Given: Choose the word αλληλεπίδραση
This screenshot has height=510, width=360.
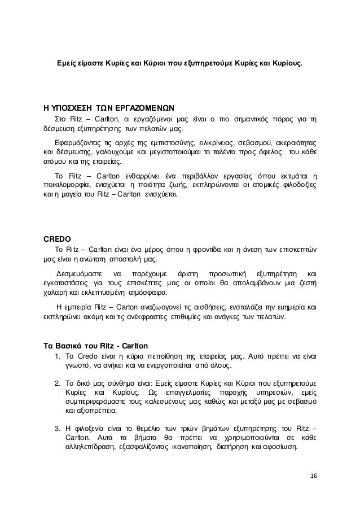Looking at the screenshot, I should pyautogui.click(x=88, y=447).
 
